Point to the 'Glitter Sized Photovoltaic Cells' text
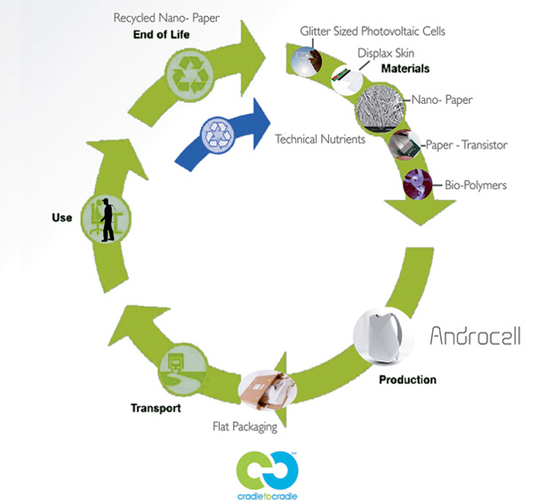(373, 31)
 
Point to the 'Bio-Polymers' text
(476, 186)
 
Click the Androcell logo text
(474, 337)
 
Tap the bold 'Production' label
(407, 379)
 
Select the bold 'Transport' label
(155, 408)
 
